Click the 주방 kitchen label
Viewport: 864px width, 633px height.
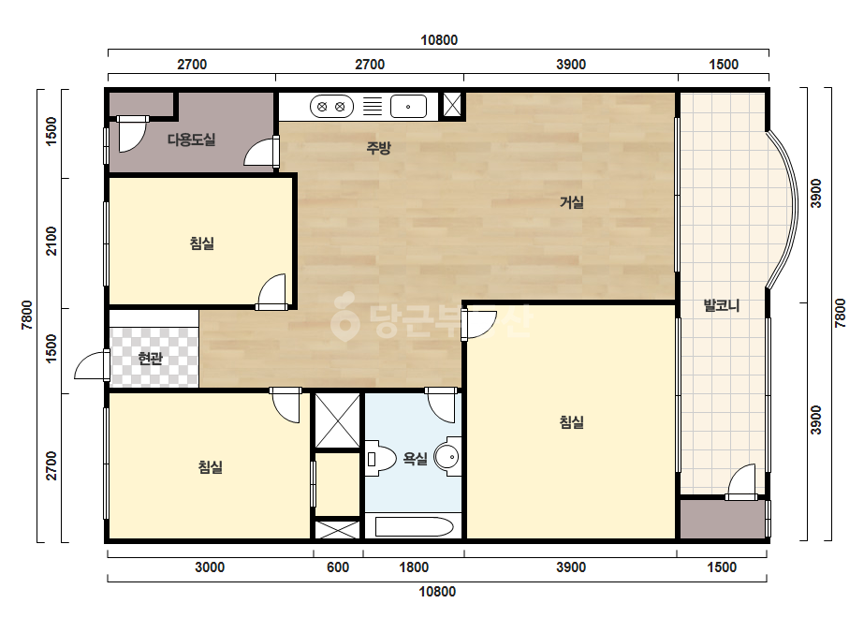(378, 147)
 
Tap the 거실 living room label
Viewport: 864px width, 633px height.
(571, 202)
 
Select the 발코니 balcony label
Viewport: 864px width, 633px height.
(722, 305)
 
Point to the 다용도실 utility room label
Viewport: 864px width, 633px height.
(191, 140)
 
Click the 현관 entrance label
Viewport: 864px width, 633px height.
(150, 359)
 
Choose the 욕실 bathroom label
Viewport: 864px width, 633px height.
(415, 458)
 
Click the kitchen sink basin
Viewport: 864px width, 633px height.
(408, 107)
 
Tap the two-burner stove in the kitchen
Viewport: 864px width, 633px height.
(331, 107)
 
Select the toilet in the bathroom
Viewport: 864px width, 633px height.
(381, 458)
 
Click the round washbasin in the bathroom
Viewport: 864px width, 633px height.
(448, 457)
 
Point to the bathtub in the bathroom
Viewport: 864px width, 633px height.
(414, 526)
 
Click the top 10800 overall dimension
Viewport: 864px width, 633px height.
(439, 40)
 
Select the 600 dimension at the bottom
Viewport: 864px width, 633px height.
(338, 567)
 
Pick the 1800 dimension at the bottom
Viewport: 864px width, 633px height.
(414, 567)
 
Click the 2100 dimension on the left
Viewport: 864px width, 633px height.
(51, 241)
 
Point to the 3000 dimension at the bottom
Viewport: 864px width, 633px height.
(210, 567)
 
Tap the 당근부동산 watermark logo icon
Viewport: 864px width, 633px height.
(344, 316)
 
